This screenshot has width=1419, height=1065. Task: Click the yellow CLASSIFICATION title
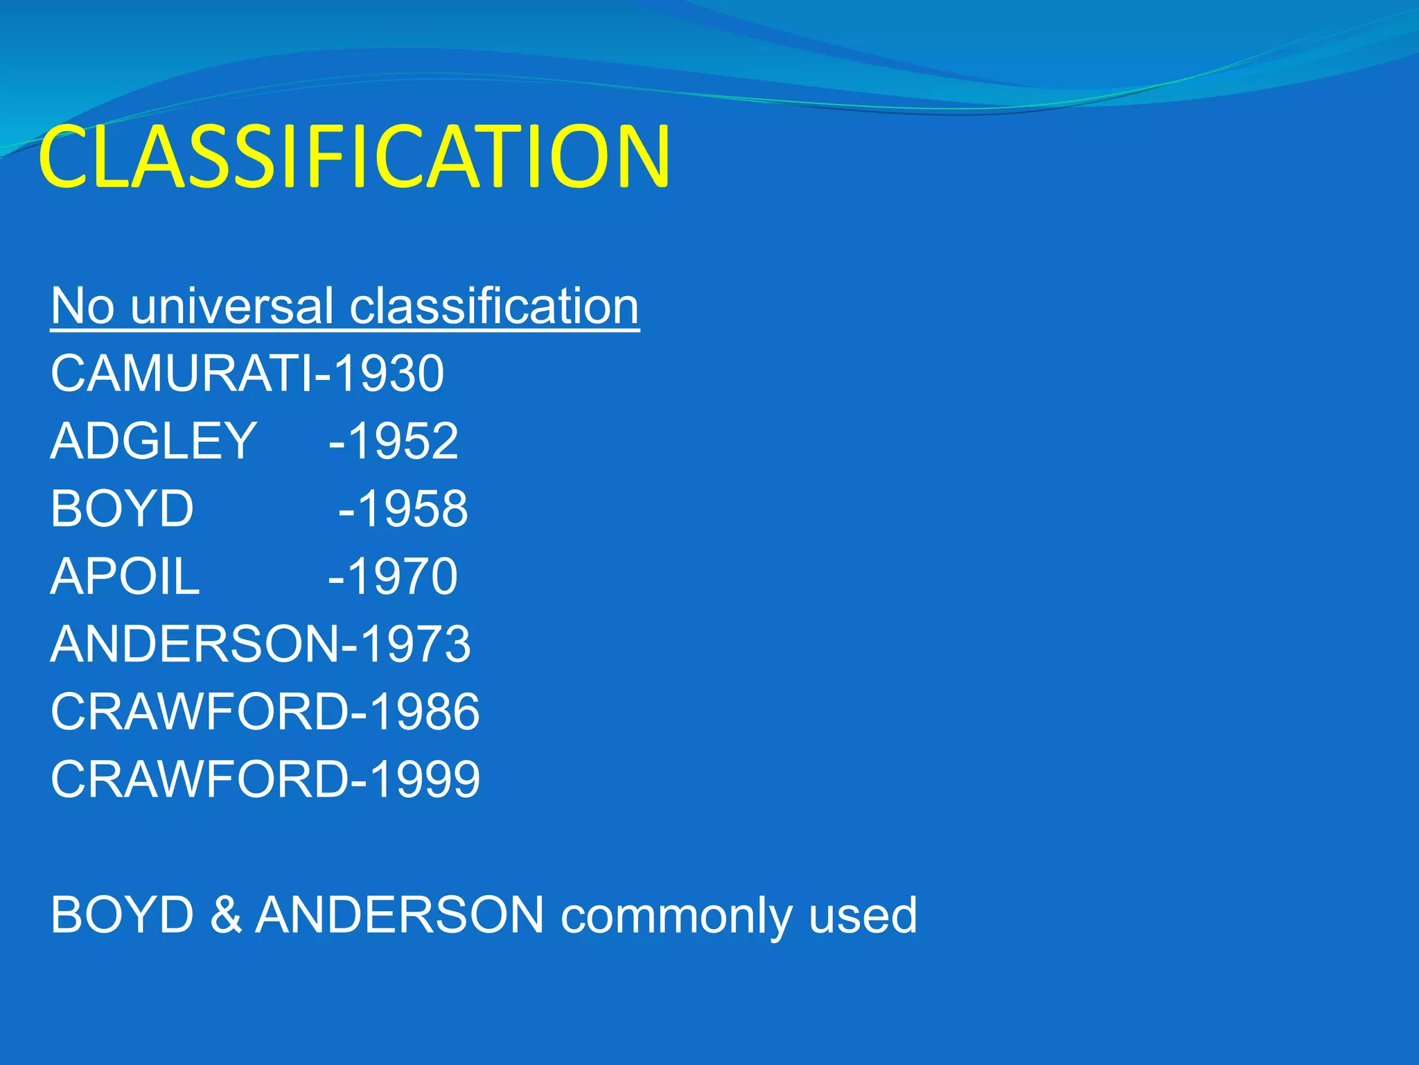354,157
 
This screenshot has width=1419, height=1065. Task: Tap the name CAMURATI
181,374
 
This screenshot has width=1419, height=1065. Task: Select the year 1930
388,374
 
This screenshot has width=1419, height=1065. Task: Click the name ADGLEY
153,441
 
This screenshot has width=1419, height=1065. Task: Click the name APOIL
125,576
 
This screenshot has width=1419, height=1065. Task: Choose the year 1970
402,576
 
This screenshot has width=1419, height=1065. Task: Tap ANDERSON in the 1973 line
195,644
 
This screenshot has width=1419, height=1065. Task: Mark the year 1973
416,644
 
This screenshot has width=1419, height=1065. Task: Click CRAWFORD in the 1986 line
200,712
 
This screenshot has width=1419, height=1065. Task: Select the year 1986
424,712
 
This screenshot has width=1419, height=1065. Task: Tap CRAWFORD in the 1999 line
200,779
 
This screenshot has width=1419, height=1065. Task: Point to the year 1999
424,779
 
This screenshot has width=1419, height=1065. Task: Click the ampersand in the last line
225,915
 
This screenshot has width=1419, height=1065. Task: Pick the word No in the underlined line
82,306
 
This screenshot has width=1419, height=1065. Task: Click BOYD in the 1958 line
122,509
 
